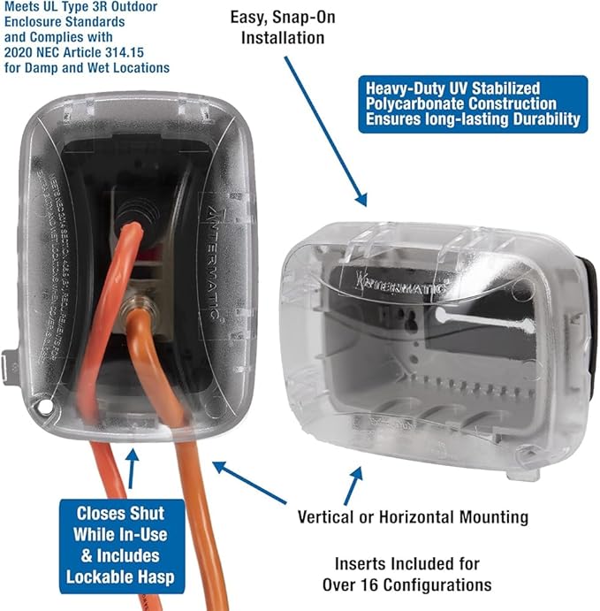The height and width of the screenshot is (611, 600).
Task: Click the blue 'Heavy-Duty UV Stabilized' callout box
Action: point(472,103)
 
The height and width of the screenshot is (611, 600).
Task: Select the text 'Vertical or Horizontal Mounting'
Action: point(413,516)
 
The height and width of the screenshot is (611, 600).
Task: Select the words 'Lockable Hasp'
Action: point(120,577)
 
